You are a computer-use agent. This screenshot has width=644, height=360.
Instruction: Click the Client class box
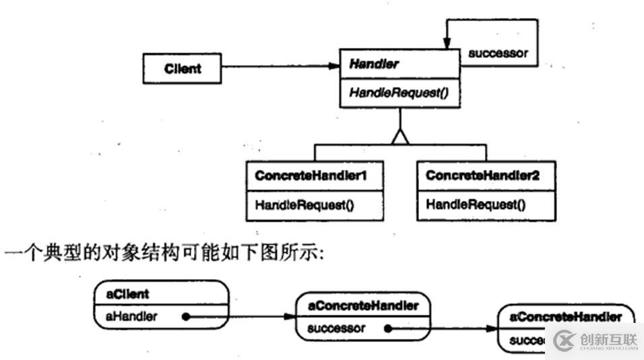pyautogui.click(x=182, y=68)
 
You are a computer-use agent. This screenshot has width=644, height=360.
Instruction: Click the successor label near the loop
pyautogui.click(x=498, y=53)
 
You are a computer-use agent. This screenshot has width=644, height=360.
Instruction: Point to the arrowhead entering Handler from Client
pyautogui.click(x=335, y=66)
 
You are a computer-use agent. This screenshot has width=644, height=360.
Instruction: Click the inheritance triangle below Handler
pyautogui.click(x=400, y=137)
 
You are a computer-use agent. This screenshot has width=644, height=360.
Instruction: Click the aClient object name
pyautogui.click(x=128, y=294)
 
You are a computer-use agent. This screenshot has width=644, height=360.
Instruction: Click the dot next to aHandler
pyautogui.click(x=184, y=316)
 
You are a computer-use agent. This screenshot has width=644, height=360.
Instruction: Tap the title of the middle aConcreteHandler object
pyautogui.click(x=363, y=306)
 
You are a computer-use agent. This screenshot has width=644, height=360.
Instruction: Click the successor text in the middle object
pyautogui.click(x=336, y=328)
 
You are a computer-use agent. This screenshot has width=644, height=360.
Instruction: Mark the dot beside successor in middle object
pyautogui.click(x=388, y=329)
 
